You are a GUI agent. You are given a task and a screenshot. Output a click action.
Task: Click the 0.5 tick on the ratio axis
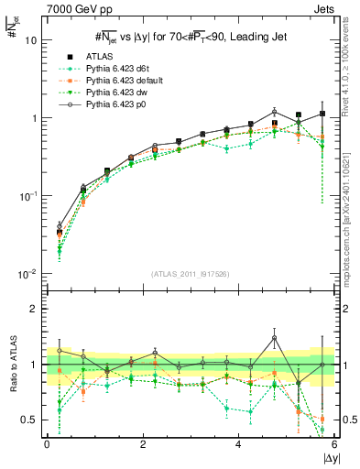30,420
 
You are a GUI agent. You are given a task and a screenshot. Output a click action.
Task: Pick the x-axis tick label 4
238,444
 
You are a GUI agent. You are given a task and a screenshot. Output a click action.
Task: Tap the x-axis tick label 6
333,444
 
